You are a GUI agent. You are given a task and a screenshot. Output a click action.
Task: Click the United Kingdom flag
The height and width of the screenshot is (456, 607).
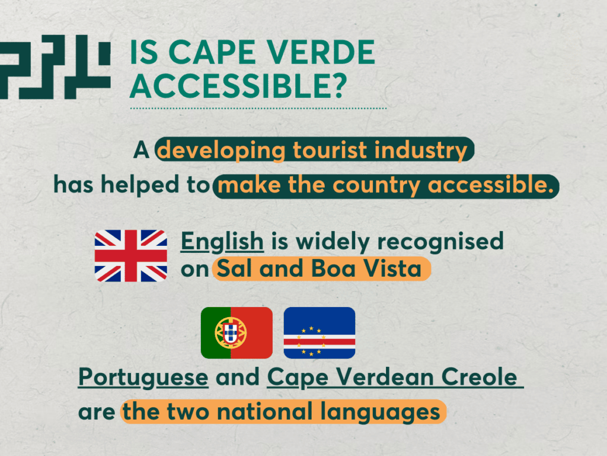(x=131, y=255)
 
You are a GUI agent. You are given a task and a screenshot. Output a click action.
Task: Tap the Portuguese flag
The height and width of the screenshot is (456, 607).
(x=237, y=332)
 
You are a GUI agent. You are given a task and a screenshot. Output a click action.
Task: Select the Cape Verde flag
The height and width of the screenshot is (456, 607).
(x=320, y=332)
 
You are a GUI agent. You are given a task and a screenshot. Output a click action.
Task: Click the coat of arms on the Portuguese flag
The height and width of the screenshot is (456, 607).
(x=231, y=332)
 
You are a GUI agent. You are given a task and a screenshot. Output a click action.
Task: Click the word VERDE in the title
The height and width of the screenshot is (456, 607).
(x=321, y=52)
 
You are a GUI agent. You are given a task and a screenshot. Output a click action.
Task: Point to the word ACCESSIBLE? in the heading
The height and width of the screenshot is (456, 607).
(x=238, y=85)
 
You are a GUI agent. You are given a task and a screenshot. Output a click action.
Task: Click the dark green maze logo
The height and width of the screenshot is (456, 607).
(x=55, y=66)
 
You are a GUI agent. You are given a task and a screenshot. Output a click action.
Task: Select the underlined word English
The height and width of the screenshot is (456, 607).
(x=222, y=241)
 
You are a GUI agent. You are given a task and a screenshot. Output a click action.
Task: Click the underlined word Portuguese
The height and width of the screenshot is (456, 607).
(x=143, y=377)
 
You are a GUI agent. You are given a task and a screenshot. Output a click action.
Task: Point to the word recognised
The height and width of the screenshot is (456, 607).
(x=440, y=241)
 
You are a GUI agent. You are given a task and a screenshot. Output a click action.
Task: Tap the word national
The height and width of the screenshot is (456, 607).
(x=265, y=411)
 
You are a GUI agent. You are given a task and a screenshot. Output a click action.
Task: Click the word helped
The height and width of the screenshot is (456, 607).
(x=140, y=185)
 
